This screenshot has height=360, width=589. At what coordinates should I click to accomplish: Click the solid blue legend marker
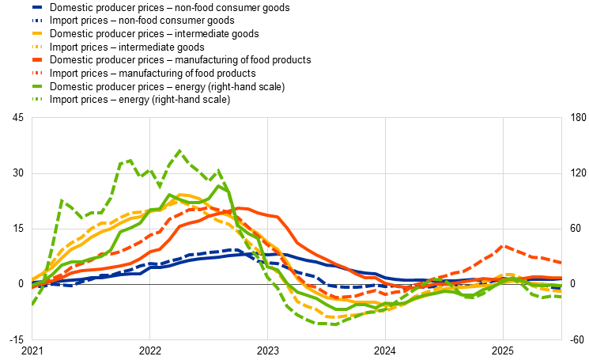(x=37, y=7)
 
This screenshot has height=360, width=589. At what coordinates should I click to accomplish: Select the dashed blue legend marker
(x=37, y=21)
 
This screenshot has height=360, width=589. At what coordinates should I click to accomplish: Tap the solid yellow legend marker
(x=37, y=33)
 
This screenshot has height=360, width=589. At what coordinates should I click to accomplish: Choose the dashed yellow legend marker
(x=37, y=47)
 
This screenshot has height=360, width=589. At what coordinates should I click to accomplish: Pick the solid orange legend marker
(x=37, y=59)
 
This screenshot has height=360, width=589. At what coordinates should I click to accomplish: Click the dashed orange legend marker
(x=37, y=73)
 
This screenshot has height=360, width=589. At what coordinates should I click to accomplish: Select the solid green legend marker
(x=37, y=85)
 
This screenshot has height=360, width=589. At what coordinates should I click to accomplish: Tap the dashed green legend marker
(x=37, y=99)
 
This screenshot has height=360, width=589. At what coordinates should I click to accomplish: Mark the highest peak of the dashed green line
(x=179, y=150)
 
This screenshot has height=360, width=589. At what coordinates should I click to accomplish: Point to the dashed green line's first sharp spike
(x=62, y=200)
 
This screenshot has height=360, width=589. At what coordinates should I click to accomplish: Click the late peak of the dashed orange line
(x=504, y=245)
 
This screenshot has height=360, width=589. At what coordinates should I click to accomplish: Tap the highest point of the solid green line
(x=221, y=185)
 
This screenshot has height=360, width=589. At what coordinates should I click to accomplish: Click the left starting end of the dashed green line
(x=32, y=304)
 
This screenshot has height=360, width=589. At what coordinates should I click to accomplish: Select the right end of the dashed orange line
(x=561, y=263)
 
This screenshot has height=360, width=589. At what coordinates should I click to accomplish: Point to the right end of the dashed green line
(x=561, y=297)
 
